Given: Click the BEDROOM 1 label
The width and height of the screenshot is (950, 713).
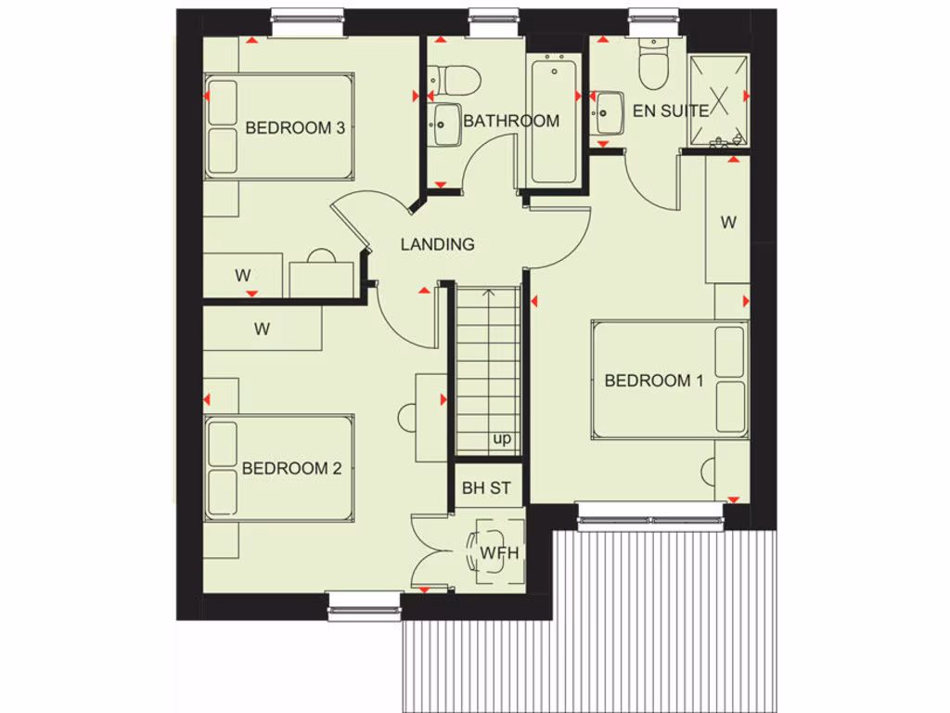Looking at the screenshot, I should pos(653,381).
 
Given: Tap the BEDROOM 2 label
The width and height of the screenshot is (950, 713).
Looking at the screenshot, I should pos(291,468).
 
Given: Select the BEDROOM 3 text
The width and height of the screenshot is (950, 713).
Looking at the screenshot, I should pos(295,128).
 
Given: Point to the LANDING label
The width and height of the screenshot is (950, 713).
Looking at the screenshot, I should pos(437,245).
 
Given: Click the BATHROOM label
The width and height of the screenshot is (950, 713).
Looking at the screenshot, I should pos(511,121).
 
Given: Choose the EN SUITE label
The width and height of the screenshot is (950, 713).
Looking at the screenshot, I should pos(670,110).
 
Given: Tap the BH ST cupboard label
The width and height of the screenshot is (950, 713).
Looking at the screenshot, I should pos(486,488).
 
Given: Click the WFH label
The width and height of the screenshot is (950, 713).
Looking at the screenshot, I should pos(498,554).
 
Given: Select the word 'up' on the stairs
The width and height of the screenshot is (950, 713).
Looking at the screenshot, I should pos(502,439).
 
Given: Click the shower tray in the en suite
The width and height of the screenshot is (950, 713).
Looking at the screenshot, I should pos(718,100).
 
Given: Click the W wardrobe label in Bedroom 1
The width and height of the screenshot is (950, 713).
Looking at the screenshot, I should pos(728,223).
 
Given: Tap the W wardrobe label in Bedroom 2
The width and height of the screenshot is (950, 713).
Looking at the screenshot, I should pos(263,329).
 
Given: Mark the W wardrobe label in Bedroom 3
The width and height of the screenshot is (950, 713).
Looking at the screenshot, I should pos(243,275).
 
